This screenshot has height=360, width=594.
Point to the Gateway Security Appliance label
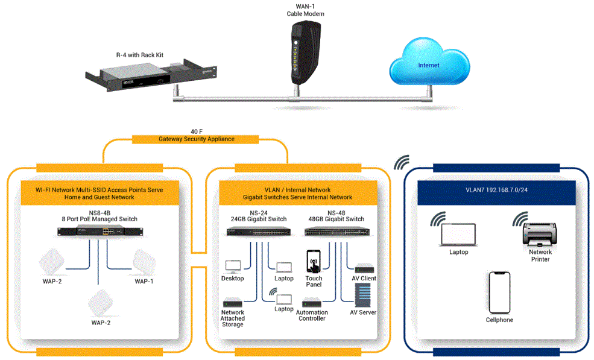coord(197,139)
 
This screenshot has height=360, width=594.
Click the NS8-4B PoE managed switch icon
coord(98,230)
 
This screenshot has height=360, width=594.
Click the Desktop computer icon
coord(233,266)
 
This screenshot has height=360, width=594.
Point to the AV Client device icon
coord(364,267)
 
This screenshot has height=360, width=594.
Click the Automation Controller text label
coord(312,315)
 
